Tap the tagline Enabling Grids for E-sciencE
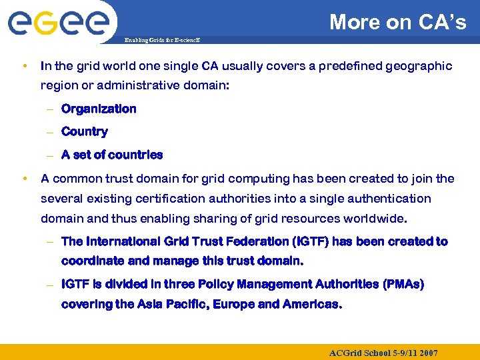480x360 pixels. (x=162, y=41)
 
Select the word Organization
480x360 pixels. (x=99, y=109)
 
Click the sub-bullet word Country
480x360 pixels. (x=84, y=131)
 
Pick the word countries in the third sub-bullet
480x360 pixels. (x=135, y=155)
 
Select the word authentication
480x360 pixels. (x=391, y=199)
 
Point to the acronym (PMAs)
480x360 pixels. (x=403, y=285)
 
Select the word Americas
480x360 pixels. (x=313, y=305)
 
